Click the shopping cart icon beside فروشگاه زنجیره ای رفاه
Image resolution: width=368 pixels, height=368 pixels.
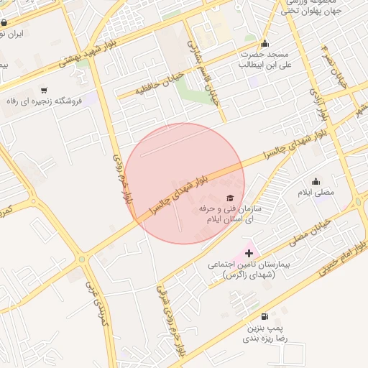point(45,91)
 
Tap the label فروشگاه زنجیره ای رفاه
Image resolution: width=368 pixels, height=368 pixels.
point(51,101)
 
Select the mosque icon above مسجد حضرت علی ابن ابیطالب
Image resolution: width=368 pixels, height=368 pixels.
point(265,43)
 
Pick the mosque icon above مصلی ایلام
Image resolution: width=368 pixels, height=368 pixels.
point(316,182)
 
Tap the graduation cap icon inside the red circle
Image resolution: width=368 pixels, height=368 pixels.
point(230,198)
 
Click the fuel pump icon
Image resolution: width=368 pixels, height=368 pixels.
point(265,316)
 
